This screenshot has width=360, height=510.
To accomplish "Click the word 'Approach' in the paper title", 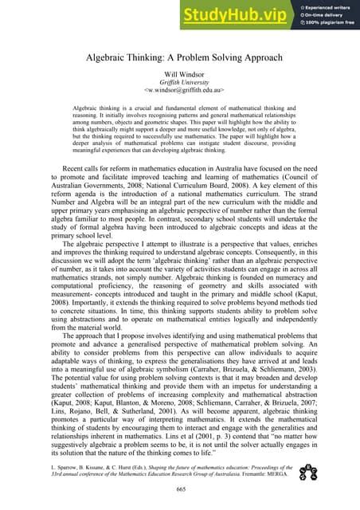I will (254, 57).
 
